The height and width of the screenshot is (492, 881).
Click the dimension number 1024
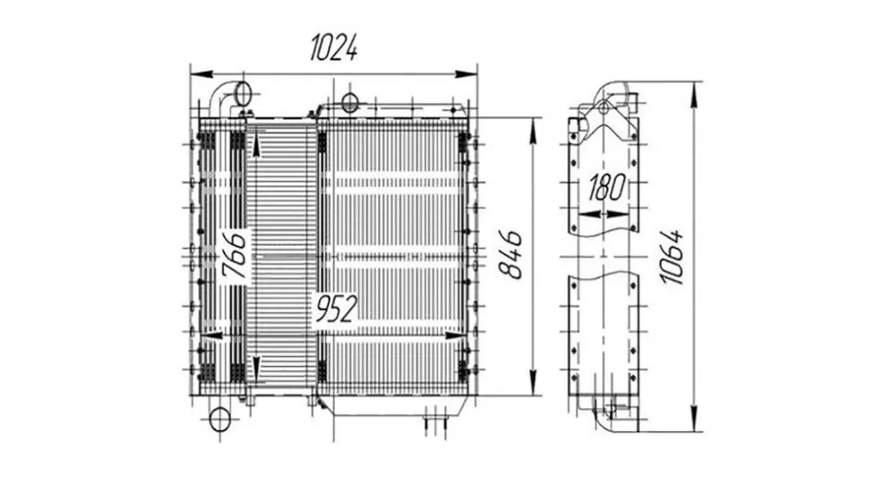tap(334, 47)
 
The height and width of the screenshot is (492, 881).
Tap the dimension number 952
tap(336, 309)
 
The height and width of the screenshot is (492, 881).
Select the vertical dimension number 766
tap(234, 256)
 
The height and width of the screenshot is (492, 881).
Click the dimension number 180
tap(606, 188)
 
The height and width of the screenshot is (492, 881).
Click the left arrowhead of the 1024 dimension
tap(201, 74)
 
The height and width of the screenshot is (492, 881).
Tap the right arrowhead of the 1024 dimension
tap(466, 74)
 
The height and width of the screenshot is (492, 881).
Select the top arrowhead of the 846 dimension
tap(534, 130)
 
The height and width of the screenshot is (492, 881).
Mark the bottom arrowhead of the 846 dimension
tap(534, 383)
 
